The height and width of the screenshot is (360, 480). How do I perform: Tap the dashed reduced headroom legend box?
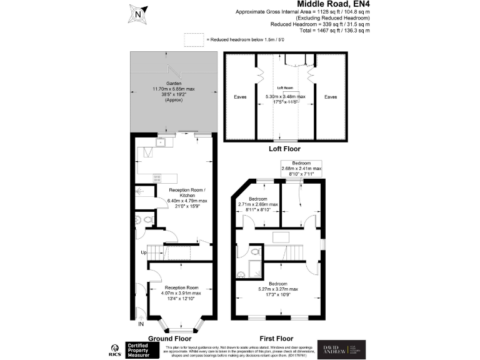pyautogui.click(x=194, y=39)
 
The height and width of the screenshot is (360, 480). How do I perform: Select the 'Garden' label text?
pyautogui.click(x=174, y=84)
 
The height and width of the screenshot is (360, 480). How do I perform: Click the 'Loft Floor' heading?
pyautogui.click(x=284, y=149)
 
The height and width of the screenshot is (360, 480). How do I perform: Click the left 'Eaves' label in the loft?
pyautogui.click(x=240, y=97)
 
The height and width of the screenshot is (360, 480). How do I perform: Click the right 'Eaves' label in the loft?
pyautogui.click(x=330, y=97)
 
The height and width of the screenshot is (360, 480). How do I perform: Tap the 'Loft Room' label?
pyautogui.click(x=285, y=88)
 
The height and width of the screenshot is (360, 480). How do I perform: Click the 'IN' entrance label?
pyautogui.click(x=141, y=324)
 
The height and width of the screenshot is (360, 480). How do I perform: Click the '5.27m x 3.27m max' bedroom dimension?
pyautogui.click(x=278, y=289)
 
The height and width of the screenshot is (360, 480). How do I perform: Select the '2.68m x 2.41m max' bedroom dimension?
pyautogui.click(x=301, y=168)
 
